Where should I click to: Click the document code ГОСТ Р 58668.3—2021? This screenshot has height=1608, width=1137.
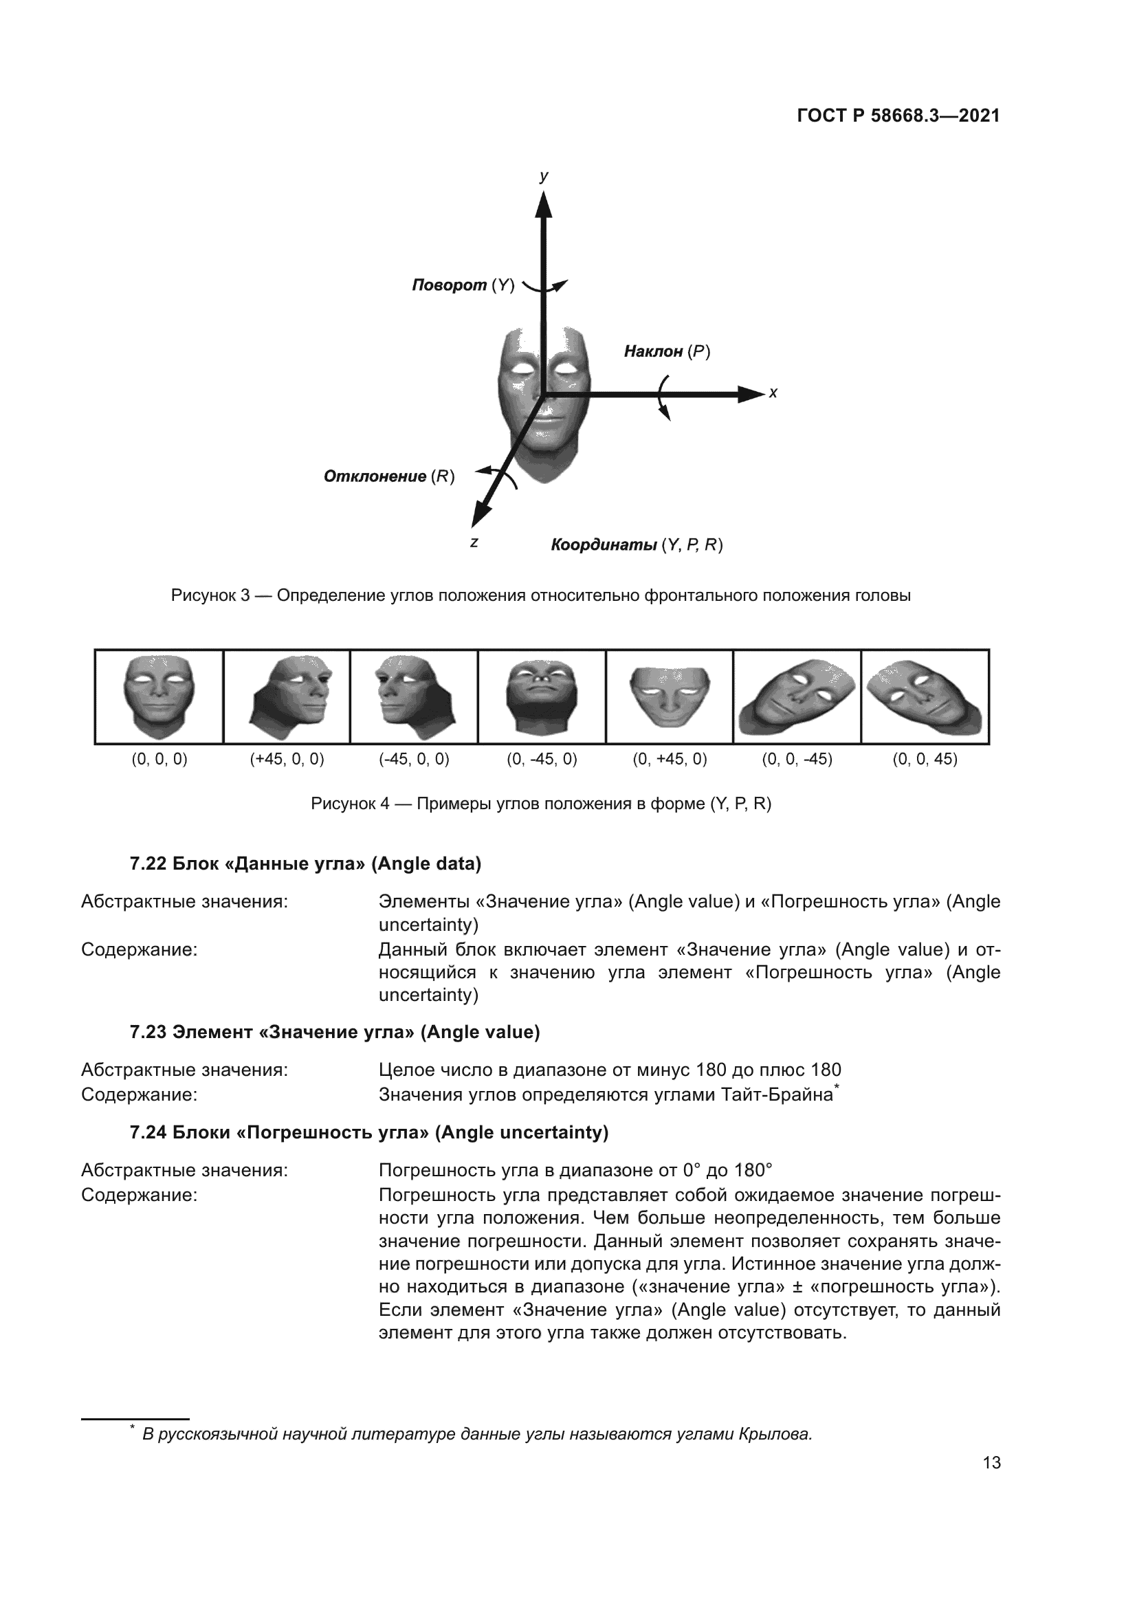click(898, 116)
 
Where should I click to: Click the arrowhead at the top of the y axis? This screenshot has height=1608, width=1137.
click(543, 204)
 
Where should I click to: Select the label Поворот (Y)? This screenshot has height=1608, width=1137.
click(463, 286)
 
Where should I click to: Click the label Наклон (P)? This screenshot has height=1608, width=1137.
click(667, 351)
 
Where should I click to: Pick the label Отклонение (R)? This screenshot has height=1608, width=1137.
click(388, 477)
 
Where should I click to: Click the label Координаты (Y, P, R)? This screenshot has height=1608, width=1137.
click(637, 545)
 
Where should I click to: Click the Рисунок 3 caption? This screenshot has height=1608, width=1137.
click(540, 596)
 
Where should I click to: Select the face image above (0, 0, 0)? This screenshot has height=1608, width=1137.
click(159, 696)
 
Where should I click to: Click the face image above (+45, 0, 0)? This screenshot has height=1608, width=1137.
click(287, 696)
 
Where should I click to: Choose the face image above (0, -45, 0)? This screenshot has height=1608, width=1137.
click(542, 696)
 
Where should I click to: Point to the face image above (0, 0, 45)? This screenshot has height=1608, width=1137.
click(924, 696)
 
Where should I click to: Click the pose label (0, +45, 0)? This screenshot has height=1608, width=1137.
click(670, 759)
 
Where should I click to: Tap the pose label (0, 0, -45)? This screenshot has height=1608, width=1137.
click(797, 759)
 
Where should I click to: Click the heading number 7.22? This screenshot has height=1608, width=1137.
click(148, 864)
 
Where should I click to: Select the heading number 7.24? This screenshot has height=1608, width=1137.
click(148, 1132)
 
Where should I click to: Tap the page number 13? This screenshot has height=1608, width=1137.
click(991, 1462)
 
